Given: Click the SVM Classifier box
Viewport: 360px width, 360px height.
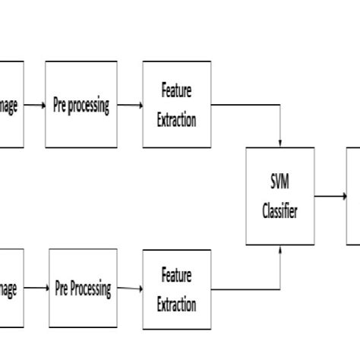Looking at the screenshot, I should (280, 196).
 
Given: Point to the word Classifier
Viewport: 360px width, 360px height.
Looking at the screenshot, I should (280, 212).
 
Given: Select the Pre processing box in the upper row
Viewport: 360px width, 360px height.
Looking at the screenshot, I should (81, 105).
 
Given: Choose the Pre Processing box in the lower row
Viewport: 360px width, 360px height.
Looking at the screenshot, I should (83, 289).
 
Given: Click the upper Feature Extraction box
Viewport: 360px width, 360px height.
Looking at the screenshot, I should (177, 105).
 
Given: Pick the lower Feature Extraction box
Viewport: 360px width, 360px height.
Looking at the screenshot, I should (177, 289).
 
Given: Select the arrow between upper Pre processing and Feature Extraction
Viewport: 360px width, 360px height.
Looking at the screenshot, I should (130, 106).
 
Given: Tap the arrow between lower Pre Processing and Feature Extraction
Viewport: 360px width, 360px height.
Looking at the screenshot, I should (130, 289).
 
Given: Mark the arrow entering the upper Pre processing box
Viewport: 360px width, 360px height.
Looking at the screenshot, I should (35, 106).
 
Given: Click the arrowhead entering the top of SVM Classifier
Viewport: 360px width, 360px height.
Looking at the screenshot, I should (281, 144).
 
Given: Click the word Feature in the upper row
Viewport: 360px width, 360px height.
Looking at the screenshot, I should (177, 92).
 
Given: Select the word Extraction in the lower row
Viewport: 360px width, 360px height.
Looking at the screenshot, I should (177, 305).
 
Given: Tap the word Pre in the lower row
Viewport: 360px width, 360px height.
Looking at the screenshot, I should (62, 289).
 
